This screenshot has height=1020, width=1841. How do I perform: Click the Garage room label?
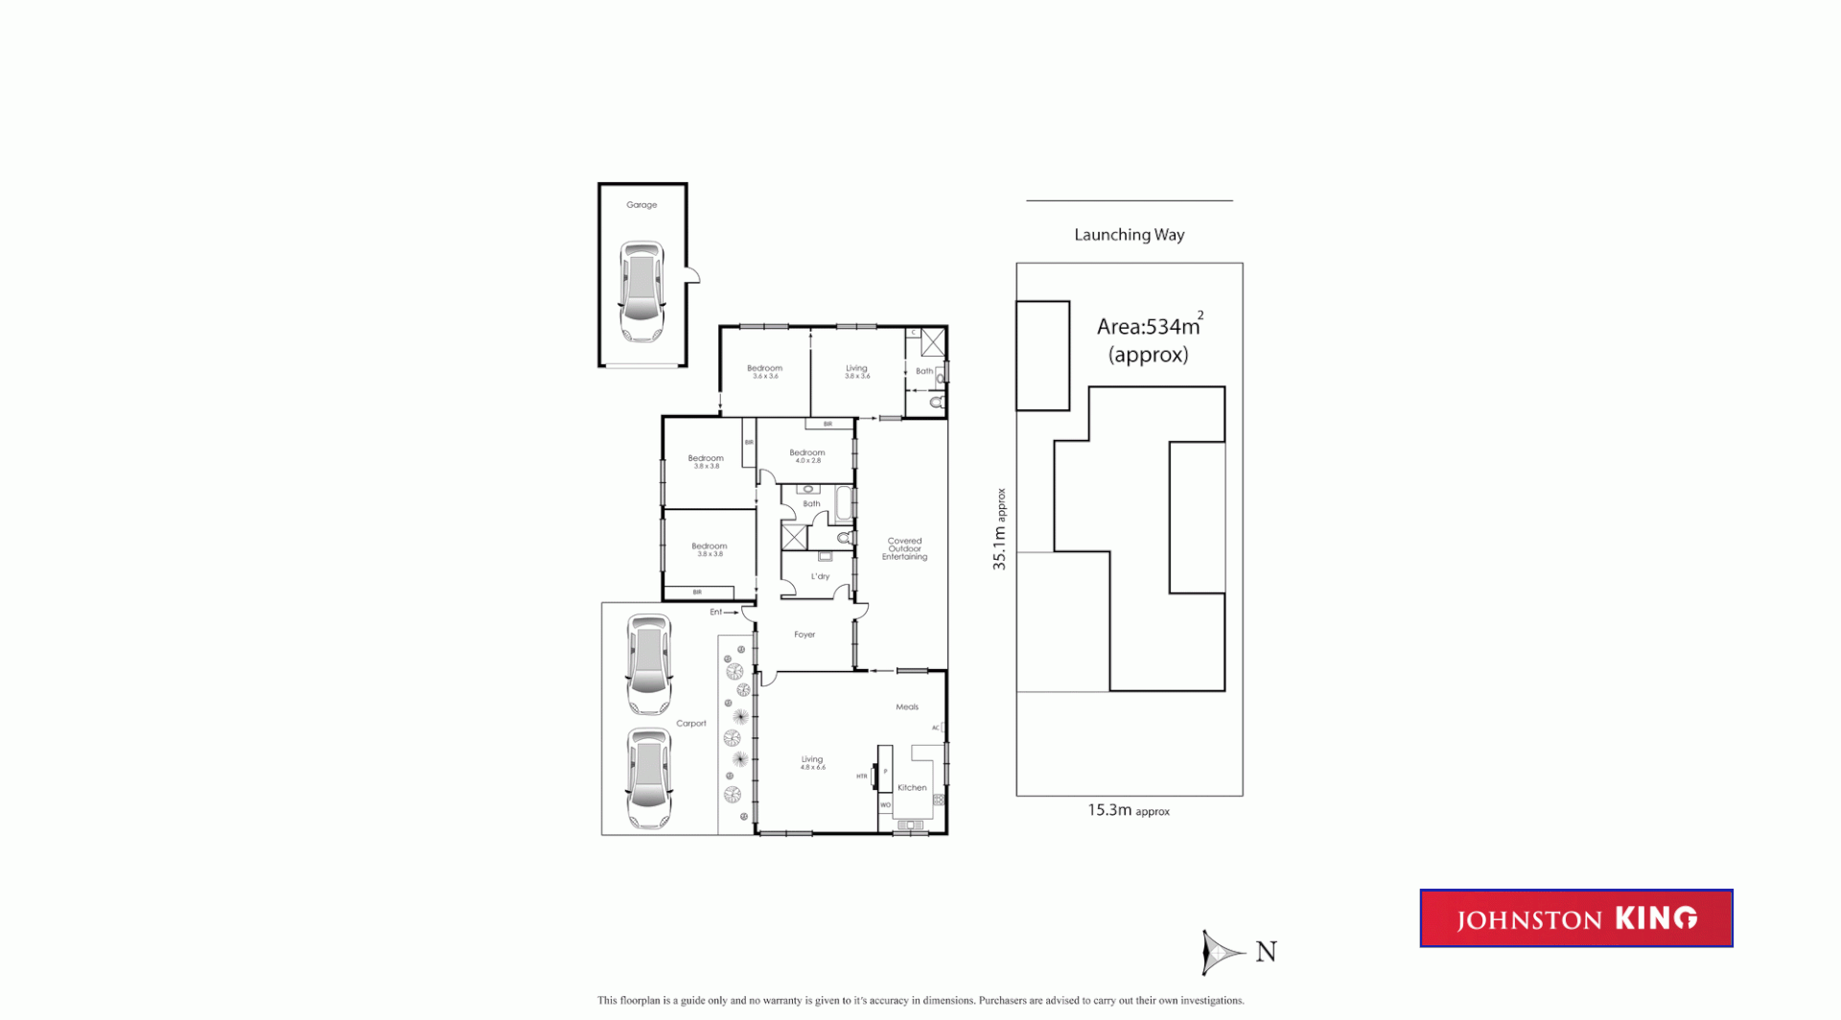(641, 205)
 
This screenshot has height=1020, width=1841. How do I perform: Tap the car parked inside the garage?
(641, 291)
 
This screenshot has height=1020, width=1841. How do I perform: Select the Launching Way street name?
(1129, 235)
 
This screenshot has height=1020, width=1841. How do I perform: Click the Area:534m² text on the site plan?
(1148, 327)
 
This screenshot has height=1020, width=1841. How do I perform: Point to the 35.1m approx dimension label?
(999, 529)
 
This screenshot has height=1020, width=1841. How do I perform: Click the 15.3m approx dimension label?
(1128, 811)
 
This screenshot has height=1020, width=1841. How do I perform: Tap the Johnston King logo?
(1575, 918)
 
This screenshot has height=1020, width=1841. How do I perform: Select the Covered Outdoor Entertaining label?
(904, 548)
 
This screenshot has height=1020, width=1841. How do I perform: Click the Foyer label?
(804, 635)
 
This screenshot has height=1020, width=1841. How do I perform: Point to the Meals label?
(907, 707)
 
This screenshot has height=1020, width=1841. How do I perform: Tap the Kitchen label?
(912, 788)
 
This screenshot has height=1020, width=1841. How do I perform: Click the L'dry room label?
(820, 577)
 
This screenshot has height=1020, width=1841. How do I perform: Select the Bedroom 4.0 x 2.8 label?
(806, 455)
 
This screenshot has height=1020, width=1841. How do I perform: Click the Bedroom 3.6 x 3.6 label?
(764, 371)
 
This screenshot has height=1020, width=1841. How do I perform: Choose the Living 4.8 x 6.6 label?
(812, 762)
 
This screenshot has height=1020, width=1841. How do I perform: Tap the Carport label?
(690, 724)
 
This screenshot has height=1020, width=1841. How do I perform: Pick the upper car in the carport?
(648, 664)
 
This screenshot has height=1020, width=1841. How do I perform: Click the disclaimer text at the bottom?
(920, 1001)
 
